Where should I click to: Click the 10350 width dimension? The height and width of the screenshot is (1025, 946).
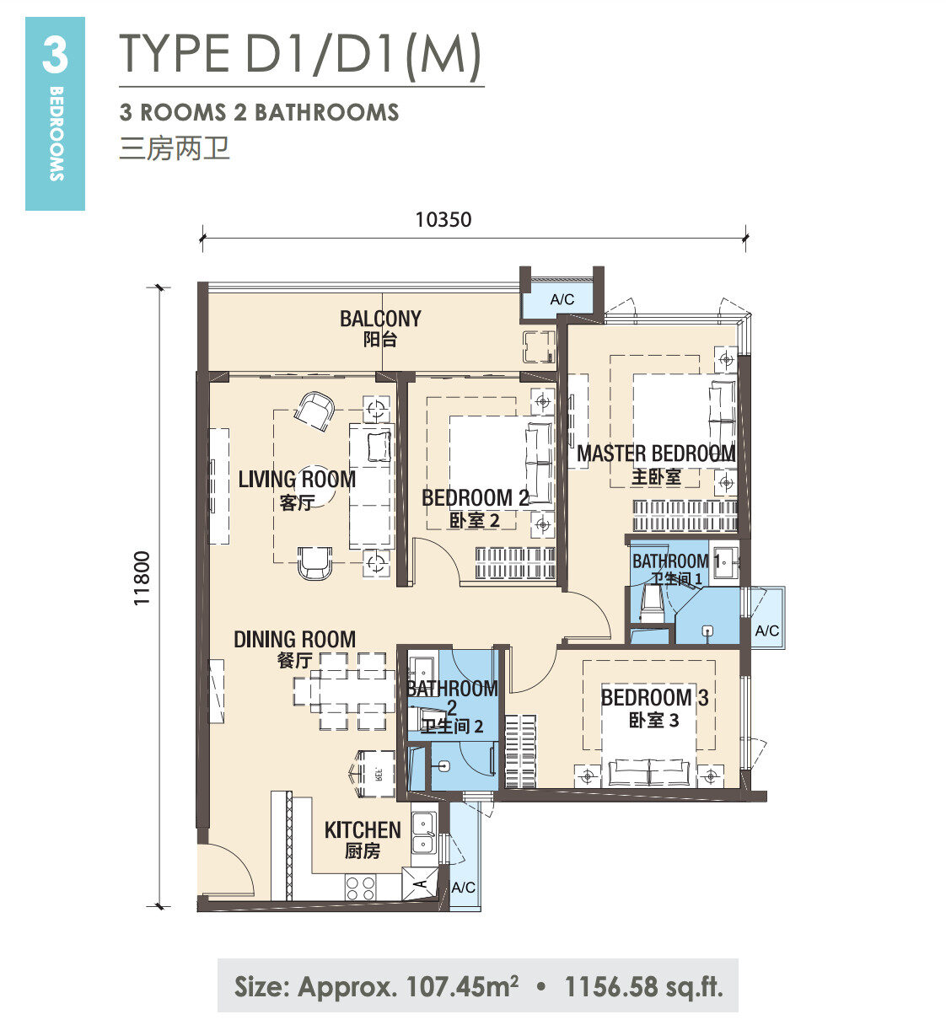[x=443, y=220]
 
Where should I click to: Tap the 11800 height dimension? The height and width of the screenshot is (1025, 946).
[x=142, y=577]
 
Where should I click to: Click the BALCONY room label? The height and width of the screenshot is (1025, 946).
[x=380, y=319]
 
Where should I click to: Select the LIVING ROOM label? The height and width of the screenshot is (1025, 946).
[x=297, y=480]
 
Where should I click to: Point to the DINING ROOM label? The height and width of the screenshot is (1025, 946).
[x=294, y=640]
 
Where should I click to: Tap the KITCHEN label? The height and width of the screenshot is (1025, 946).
[x=363, y=830]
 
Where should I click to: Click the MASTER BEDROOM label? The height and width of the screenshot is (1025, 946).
[x=656, y=453]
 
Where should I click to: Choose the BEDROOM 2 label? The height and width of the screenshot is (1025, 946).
[x=476, y=498]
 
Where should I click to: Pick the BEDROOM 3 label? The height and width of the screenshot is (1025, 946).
[x=654, y=697]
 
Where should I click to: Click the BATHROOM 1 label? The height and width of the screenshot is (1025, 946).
[x=676, y=561]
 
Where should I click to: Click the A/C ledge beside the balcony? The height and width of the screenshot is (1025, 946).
[x=562, y=299]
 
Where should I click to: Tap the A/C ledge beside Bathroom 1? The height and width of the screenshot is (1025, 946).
[x=767, y=617]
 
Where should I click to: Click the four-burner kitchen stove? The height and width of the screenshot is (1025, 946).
[x=360, y=888]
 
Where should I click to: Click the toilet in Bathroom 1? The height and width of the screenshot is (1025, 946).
[x=651, y=604]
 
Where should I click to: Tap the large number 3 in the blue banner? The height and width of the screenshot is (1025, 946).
[x=55, y=55]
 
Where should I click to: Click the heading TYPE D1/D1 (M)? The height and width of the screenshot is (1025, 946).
[x=300, y=53]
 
